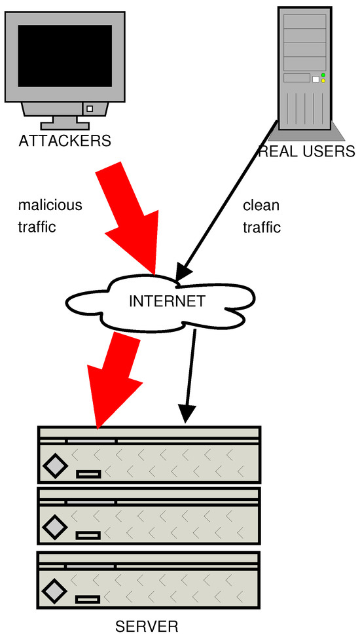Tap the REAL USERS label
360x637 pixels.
[306, 152]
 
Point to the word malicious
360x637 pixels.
[50, 205]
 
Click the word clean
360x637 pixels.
[261, 205]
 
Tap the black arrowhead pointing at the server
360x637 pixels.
[187, 414]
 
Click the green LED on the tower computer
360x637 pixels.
[323, 75]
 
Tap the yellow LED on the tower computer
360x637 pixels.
[323, 82]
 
